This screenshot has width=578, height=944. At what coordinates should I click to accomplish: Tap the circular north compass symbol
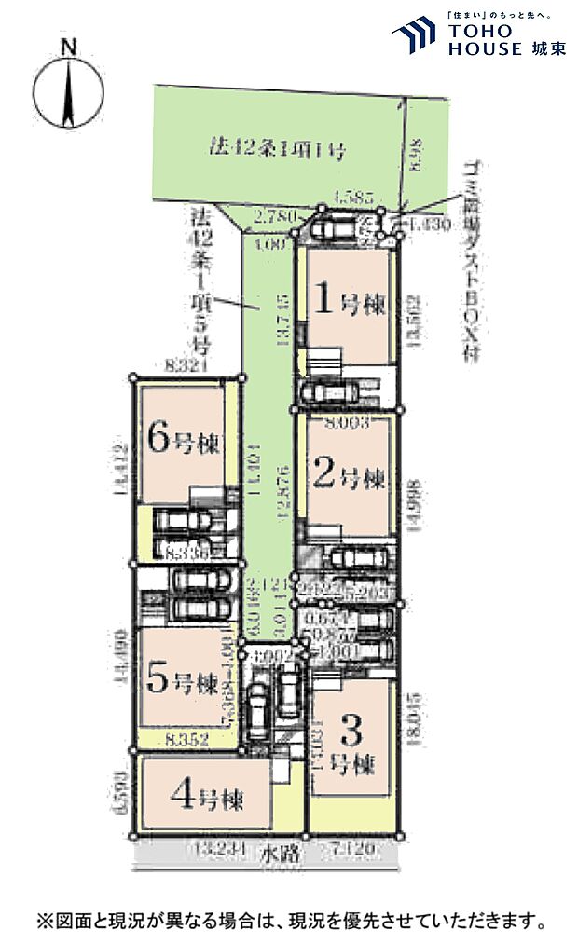point(67,93)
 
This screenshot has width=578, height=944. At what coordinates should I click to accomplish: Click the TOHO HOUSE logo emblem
point(414,35)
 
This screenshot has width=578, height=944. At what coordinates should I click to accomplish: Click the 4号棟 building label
point(208,798)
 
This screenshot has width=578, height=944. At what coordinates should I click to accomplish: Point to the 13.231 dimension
point(218,850)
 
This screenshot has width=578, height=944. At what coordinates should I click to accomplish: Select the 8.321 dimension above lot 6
point(184,366)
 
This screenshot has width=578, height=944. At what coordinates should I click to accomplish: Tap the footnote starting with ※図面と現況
point(290,922)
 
